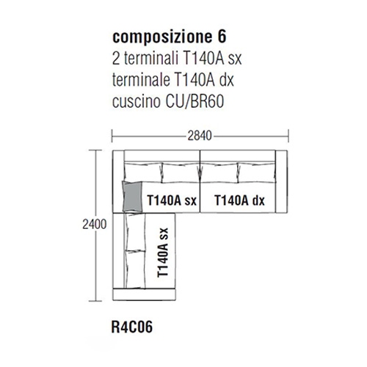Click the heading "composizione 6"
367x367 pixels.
(x=170, y=37)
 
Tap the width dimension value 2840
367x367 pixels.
(x=200, y=136)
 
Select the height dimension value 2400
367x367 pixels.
(x=95, y=225)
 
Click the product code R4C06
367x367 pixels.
(x=132, y=327)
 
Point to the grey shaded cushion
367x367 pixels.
(x=132, y=196)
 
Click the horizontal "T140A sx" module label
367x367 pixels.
(x=172, y=200)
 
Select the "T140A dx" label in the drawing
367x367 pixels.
(x=239, y=200)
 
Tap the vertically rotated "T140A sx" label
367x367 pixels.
(x=163, y=252)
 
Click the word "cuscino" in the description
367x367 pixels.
(x=137, y=101)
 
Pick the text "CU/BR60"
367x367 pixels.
(x=195, y=101)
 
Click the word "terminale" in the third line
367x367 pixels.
(x=141, y=80)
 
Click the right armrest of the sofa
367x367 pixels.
(x=281, y=181)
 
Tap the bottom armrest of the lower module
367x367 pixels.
(x=144, y=294)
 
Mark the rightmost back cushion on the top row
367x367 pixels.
(x=256, y=172)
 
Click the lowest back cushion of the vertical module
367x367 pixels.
(x=135, y=269)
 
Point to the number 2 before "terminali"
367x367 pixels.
(x=116, y=59)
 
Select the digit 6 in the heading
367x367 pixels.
(x=222, y=37)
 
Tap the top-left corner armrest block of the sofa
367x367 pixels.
(x=118, y=181)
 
